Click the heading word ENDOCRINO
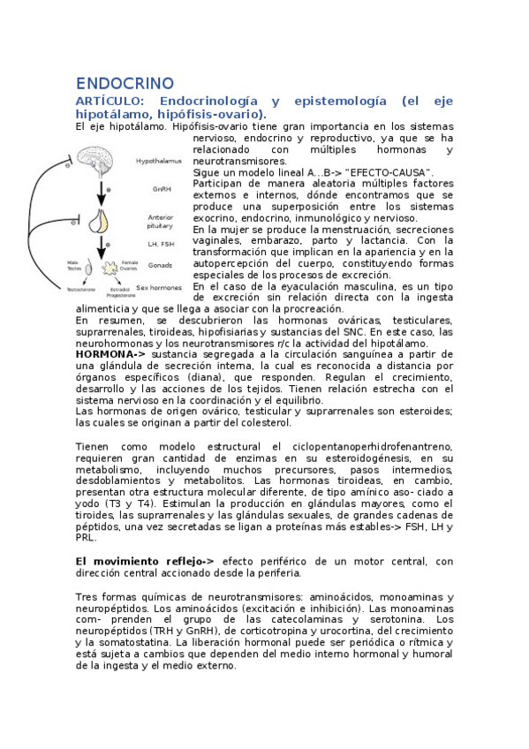click(x=125, y=84)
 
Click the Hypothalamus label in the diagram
click(x=159, y=162)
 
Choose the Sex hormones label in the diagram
click(x=159, y=287)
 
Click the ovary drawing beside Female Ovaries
click(x=111, y=267)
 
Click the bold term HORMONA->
click(x=110, y=354)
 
